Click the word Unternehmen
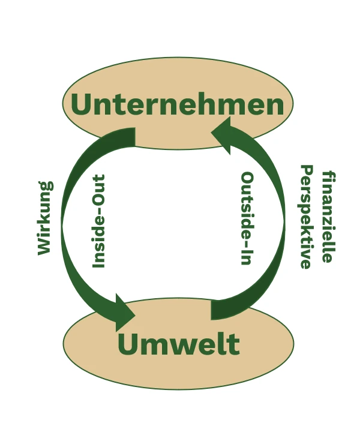pos(178,104)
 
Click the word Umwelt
pos(178,344)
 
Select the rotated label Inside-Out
pos(99,221)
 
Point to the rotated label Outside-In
pos(246,218)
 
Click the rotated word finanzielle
pos(327,217)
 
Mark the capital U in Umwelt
pos(129,344)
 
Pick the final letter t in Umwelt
pos(233,344)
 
